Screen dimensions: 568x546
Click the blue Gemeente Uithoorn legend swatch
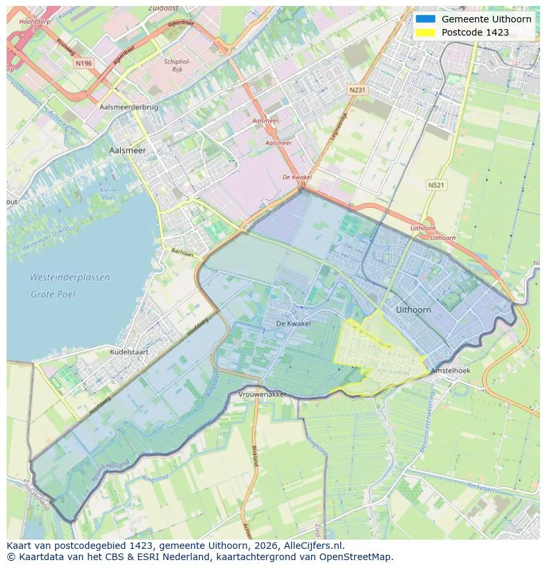point(426,19)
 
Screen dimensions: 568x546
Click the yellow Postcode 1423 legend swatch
point(426,32)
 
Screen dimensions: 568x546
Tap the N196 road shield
point(84,63)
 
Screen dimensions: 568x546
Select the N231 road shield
point(357,89)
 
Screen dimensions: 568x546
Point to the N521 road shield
point(436,185)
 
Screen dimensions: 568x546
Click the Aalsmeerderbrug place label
point(129,106)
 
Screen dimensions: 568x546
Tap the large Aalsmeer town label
point(127,150)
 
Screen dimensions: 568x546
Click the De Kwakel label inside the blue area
point(293,324)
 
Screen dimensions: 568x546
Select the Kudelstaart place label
point(129,352)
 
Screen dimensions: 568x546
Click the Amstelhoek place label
point(450,371)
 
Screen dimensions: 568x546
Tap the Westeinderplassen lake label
point(70,278)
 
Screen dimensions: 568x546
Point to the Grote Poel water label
point(53,294)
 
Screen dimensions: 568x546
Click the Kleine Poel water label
point(107,194)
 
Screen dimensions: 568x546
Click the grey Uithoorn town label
point(413,309)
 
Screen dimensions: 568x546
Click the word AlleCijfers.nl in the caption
point(310,546)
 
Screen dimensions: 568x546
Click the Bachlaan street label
point(183,253)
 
